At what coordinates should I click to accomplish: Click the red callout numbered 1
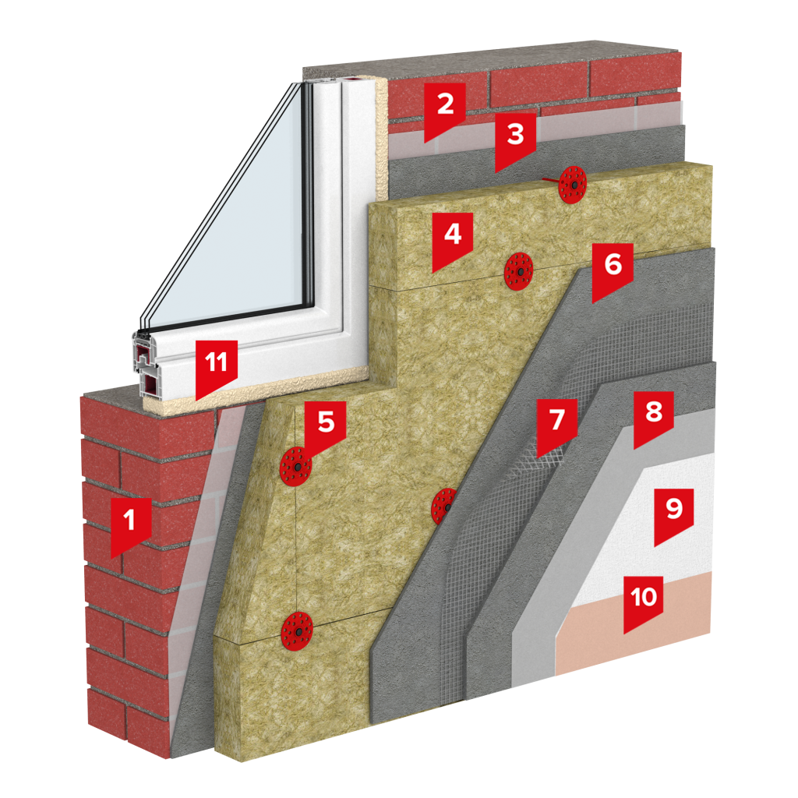coord(131,524)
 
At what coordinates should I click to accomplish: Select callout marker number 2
coord(445,109)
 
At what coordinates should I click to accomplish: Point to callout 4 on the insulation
coord(453,239)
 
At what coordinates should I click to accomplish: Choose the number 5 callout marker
coord(326,428)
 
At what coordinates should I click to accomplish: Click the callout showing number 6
coord(613,270)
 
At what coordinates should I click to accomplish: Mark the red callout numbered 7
coord(556,425)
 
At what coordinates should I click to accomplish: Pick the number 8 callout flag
coord(654,418)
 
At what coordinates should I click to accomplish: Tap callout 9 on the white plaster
coord(674,514)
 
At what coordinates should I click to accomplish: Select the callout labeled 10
coord(643,602)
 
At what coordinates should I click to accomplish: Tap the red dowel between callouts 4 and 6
coord(518,271)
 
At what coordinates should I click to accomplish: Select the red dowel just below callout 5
coord(295,467)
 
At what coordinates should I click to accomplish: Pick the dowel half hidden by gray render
coord(443,507)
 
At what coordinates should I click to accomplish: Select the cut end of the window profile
coord(145,364)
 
